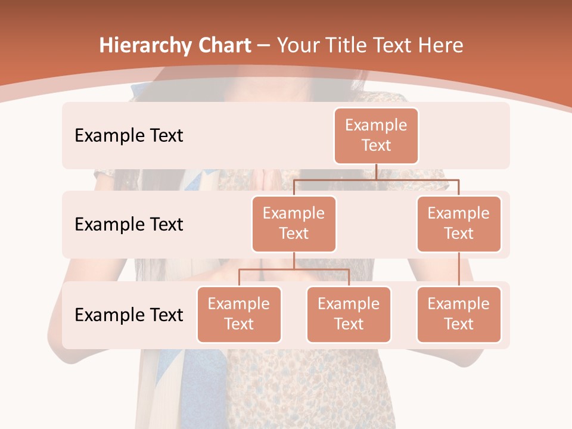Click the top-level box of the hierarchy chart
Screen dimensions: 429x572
pos(376,135)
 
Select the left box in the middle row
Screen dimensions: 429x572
pos(294,223)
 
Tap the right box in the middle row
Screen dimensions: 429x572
pos(459,223)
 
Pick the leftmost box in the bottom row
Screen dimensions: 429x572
pos(239,314)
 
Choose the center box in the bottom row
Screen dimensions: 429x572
pos(349,314)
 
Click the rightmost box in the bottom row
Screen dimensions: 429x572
pos(459,314)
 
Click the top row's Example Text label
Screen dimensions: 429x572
pos(129,135)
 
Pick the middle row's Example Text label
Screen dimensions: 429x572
pos(129,224)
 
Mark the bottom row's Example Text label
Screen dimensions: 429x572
pos(129,315)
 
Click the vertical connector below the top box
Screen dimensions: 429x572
pos(376,172)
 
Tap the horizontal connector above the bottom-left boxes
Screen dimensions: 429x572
pos(294,269)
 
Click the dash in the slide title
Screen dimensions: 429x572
pos(264,45)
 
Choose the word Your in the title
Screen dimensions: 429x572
pos(295,45)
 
